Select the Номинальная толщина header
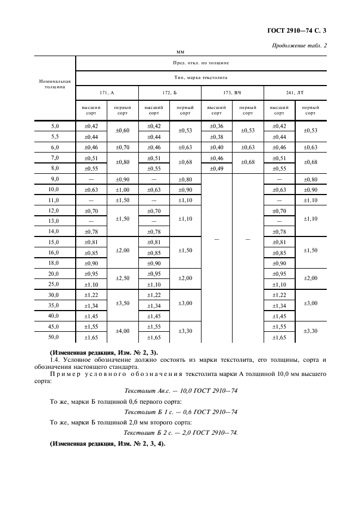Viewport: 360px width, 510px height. pyautogui.click(x=55, y=84)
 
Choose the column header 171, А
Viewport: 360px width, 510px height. pyautogui.click(x=107, y=93)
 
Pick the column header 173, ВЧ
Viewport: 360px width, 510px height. pyautogui.click(x=232, y=93)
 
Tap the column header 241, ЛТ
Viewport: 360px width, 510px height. pyautogui.click(x=295, y=93)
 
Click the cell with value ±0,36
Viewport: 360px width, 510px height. pyautogui.click(x=216, y=126)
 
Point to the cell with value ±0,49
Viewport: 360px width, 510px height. pyautogui.click(x=216, y=168)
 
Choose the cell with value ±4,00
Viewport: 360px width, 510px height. pyautogui.click(x=123, y=331)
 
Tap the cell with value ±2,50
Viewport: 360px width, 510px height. pyautogui.click(x=123, y=278)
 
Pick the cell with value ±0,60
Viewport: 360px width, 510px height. pyautogui.click(x=123, y=131)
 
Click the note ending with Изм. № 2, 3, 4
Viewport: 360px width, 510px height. pyautogui.click(x=107, y=444)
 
